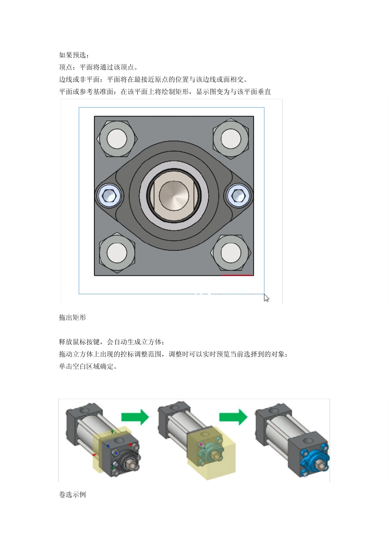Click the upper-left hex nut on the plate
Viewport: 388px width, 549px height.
point(117,138)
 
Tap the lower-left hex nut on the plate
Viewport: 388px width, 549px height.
point(117,253)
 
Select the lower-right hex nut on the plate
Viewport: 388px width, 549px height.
point(231,253)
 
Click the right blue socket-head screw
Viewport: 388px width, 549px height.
point(238,196)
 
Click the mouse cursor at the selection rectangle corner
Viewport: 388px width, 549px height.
point(266,298)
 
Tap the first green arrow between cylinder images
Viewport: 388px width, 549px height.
point(135,417)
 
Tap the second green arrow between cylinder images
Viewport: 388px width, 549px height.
point(233,417)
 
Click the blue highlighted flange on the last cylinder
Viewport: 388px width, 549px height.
point(314,462)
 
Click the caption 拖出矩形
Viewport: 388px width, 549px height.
point(72,317)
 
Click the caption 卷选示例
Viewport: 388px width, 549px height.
point(72,495)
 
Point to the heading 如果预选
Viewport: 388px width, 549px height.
point(74,55)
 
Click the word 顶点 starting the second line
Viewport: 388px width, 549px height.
point(65,67)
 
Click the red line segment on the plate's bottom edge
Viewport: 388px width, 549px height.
point(237,275)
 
